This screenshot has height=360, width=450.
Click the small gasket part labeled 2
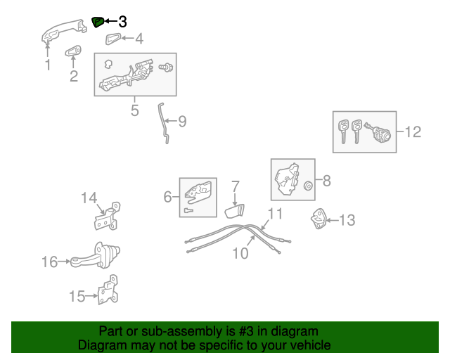point(73,51)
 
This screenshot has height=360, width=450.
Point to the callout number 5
point(134,110)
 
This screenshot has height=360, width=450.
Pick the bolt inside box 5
point(167,67)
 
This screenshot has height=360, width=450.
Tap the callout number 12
point(413,131)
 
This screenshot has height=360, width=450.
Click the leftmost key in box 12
point(343,130)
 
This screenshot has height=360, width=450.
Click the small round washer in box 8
point(308,186)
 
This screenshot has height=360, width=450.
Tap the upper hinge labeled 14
point(106,217)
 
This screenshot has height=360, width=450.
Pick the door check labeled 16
point(98,256)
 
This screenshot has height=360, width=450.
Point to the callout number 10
point(240,252)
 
